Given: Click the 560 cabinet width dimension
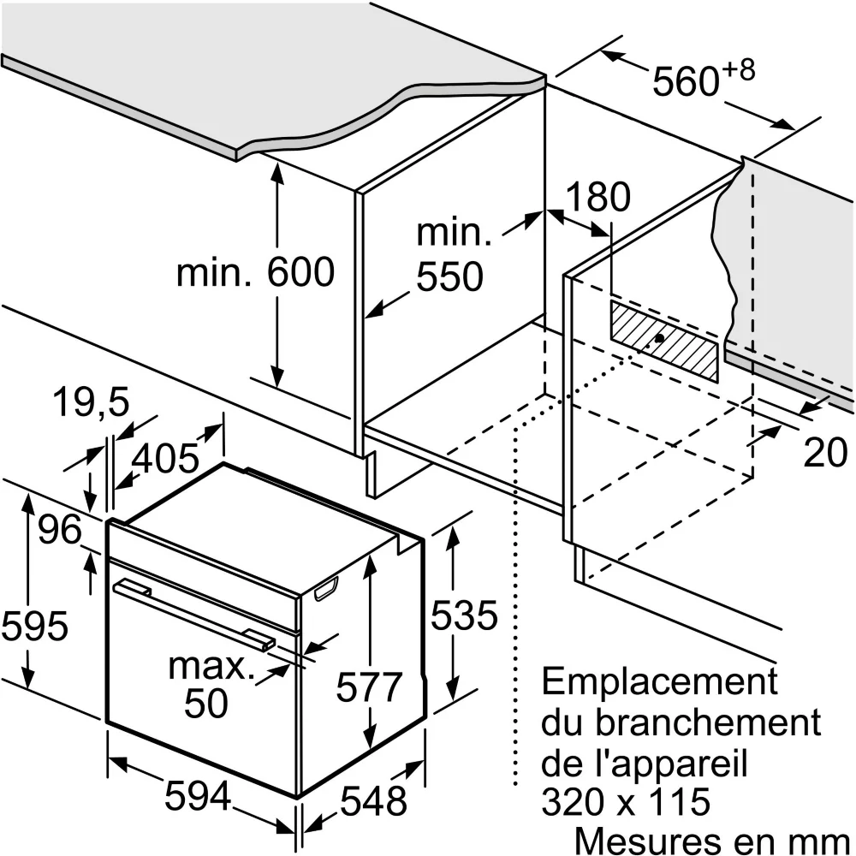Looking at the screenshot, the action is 703,79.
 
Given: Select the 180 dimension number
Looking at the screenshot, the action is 598,197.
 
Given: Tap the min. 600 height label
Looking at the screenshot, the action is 255,272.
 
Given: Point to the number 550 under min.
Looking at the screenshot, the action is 449,276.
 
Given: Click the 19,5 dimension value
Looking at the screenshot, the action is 92,402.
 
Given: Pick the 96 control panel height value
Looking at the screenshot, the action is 60,528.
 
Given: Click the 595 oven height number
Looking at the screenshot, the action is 34,626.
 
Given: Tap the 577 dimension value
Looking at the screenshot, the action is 369,687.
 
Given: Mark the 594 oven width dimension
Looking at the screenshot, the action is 199,795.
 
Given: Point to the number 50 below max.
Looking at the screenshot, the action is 205,703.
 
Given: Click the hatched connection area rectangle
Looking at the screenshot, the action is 664,341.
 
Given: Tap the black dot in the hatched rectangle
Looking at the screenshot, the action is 659,338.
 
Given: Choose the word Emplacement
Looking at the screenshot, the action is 659,681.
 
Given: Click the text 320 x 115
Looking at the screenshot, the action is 626,801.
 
